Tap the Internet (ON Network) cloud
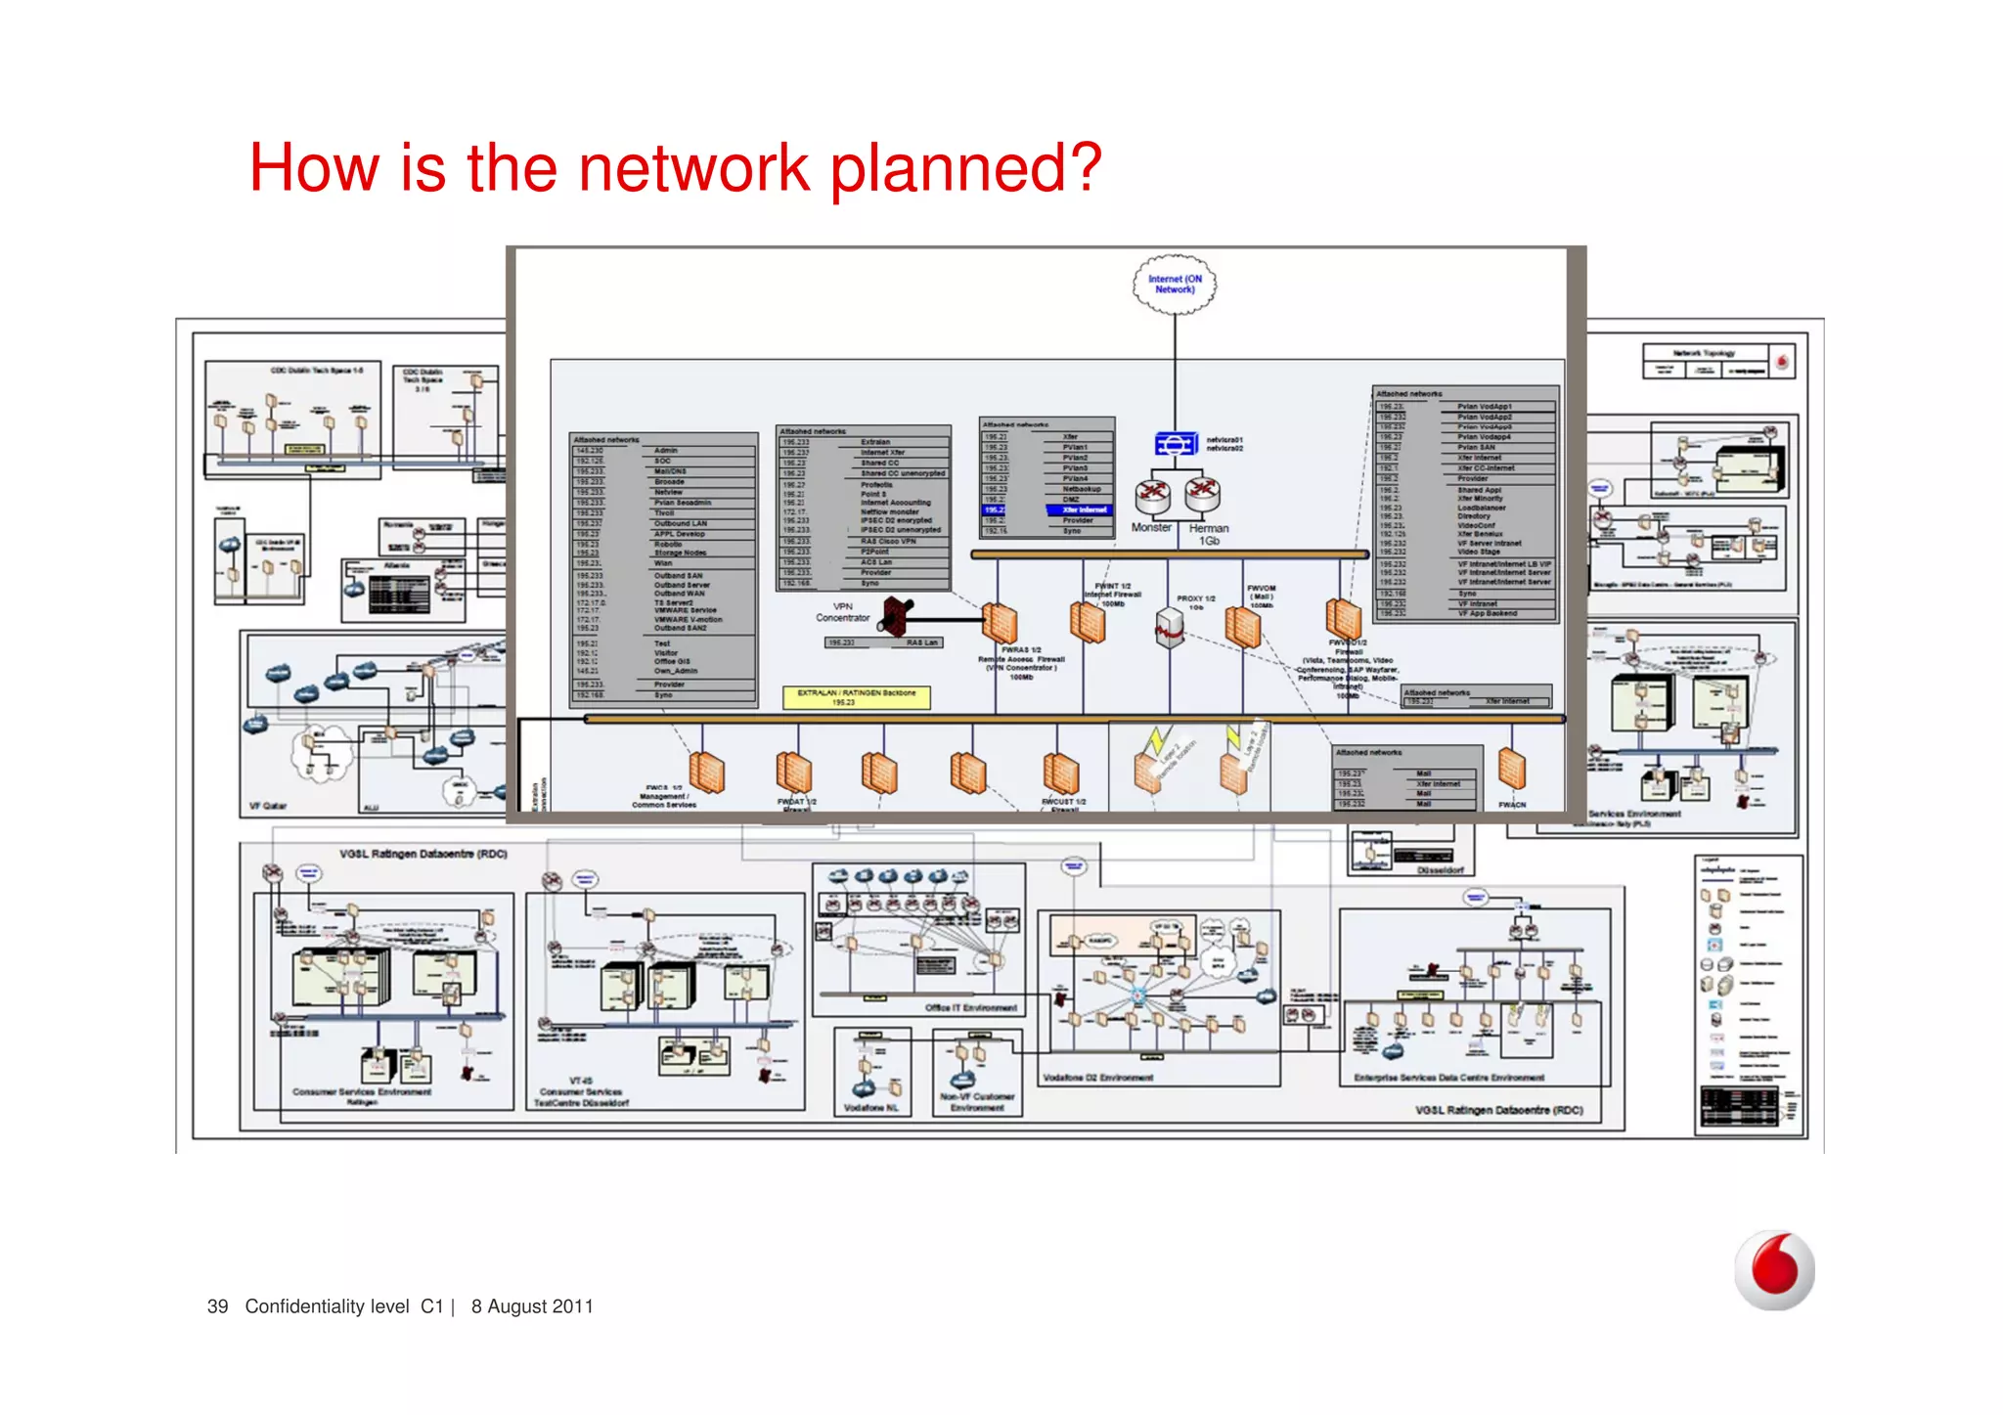click(x=1175, y=285)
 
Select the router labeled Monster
click(x=1152, y=495)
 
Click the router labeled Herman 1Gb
click(x=1203, y=495)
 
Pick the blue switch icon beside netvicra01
click(x=1175, y=444)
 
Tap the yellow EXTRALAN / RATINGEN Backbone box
click(x=856, y=696)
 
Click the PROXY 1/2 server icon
click(x=1170, y=627)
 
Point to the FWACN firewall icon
click(x=1512, y=769)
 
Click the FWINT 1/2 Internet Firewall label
click(x=1112, y=594)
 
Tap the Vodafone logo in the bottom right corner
click(x=1774, y=1269)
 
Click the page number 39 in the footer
click(x=217, y=1306)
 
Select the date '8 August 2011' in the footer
click(x=532, y=1306)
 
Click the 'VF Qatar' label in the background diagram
click(x=268, y=806)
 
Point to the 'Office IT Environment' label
click(x=970, y=1007)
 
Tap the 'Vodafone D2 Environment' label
click(x=1097, y=1078)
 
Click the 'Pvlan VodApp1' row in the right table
click(x=1484, y=406)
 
